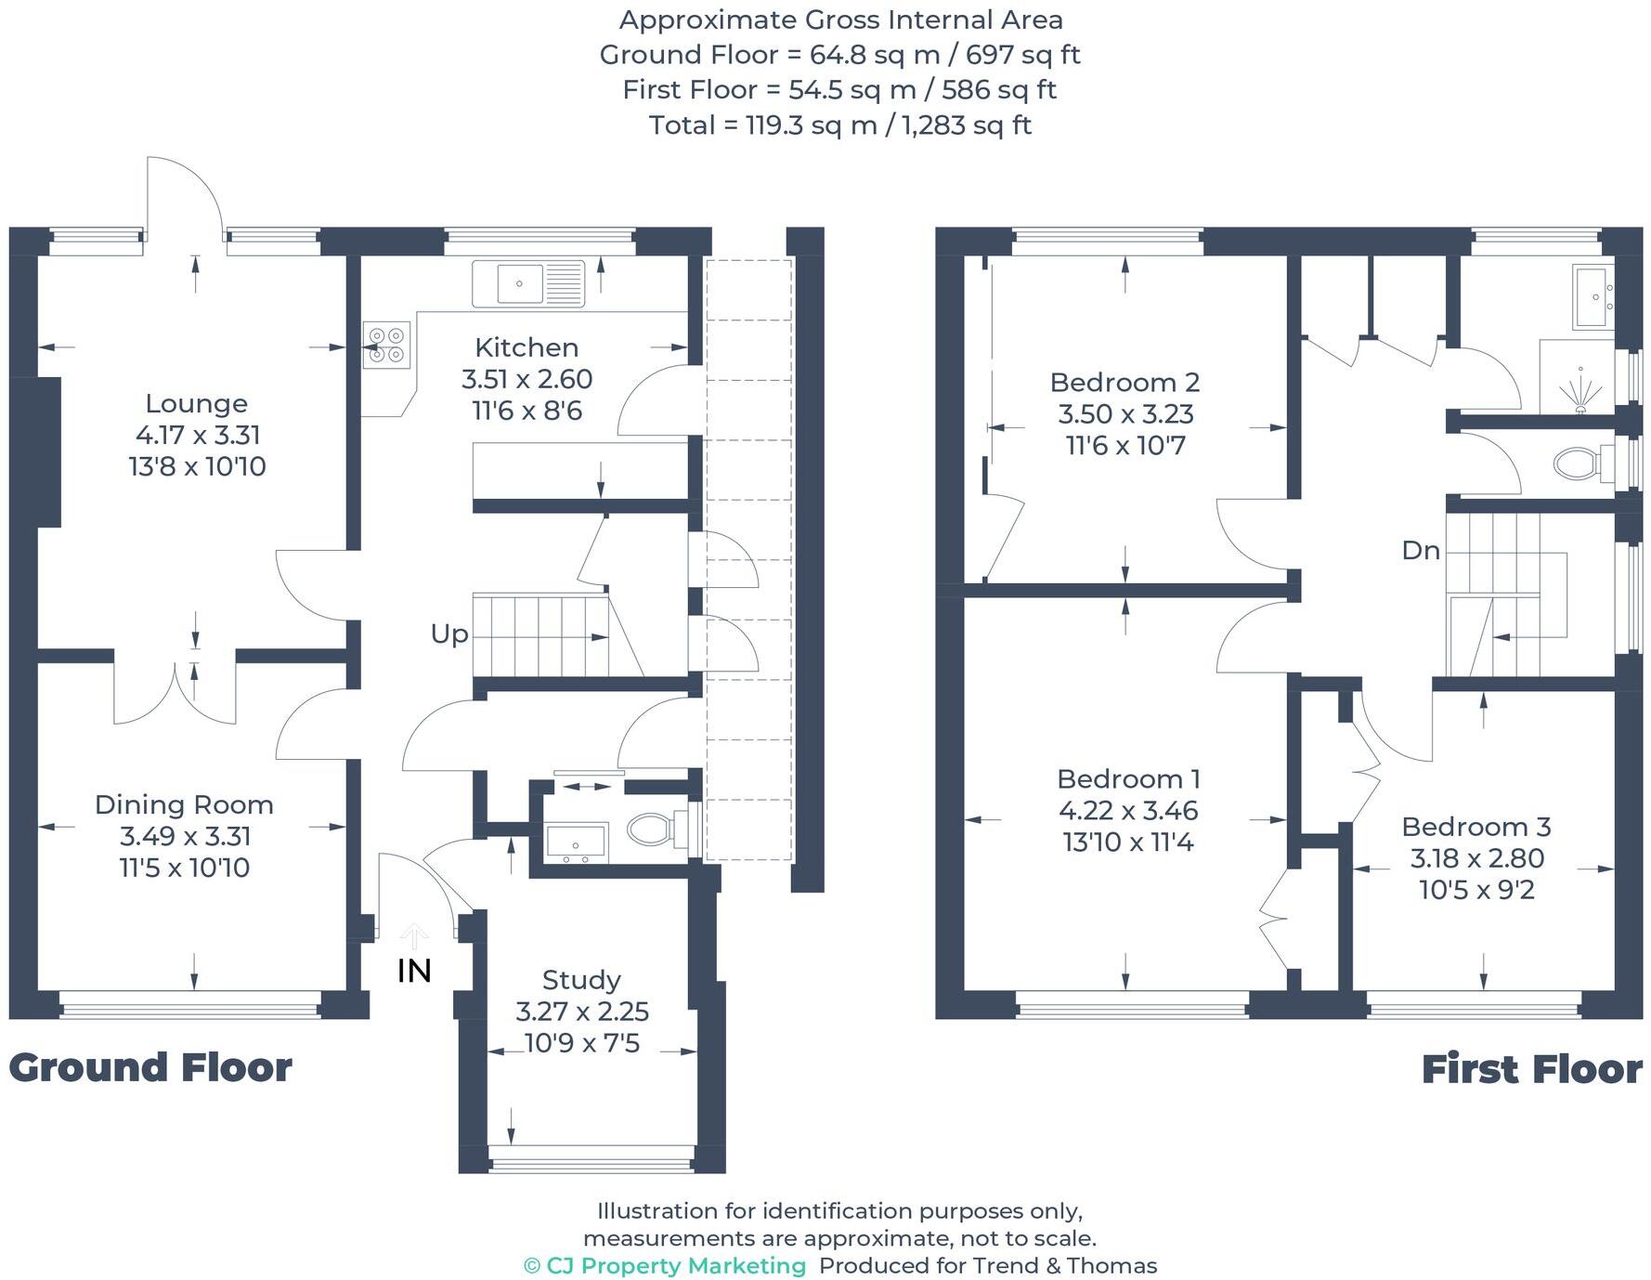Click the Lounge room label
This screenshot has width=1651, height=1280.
click(196, 403)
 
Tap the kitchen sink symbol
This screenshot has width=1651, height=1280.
click(527, 283)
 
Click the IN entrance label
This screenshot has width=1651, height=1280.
click(414, 971)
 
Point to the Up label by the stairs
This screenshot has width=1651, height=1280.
click(449, 633)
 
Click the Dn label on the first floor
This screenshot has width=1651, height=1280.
click(1420, 550)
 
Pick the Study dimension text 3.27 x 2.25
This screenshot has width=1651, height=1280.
click(582, 1011)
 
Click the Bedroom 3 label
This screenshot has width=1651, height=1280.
click(1475, 826)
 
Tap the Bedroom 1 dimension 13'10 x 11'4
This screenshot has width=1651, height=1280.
click(1127, 842)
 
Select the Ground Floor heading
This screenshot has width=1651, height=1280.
click(150, 1067)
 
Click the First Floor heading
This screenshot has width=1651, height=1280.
click(1531, 1068)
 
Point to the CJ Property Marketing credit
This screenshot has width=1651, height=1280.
click(665, 1265)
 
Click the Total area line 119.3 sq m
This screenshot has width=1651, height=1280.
click(839, 124)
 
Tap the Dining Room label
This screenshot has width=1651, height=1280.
click(184, 804)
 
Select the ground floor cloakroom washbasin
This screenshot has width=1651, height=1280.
click(576, 842)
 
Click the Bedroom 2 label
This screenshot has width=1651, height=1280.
click(1124, 382)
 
